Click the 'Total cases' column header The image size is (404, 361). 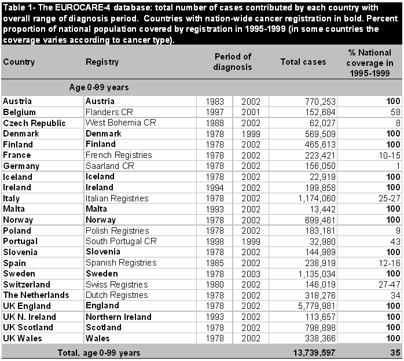pyautogui.click(x=303, y=62)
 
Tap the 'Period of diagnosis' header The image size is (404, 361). pyautogui.click(x=233, y=62)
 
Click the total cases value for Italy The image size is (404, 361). pyautogui.click(x=316, y=198)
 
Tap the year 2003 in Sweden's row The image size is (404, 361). pyautogui.click(x=251, y=274)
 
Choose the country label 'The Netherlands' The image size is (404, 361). pyautogui.click(x=36, y=295)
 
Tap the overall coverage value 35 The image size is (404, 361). pyautogui.click(x=392, y=352)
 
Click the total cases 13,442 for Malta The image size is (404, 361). pyautogui.click(x=322, y=209)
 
